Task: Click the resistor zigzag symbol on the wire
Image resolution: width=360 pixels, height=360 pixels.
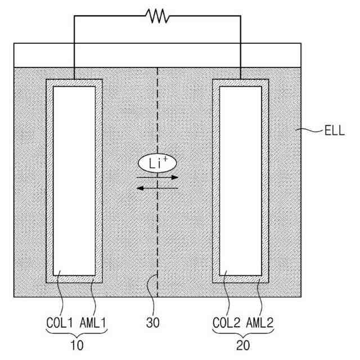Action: tap(158, 16)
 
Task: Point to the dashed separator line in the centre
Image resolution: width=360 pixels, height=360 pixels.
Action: tap(158, 236)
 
